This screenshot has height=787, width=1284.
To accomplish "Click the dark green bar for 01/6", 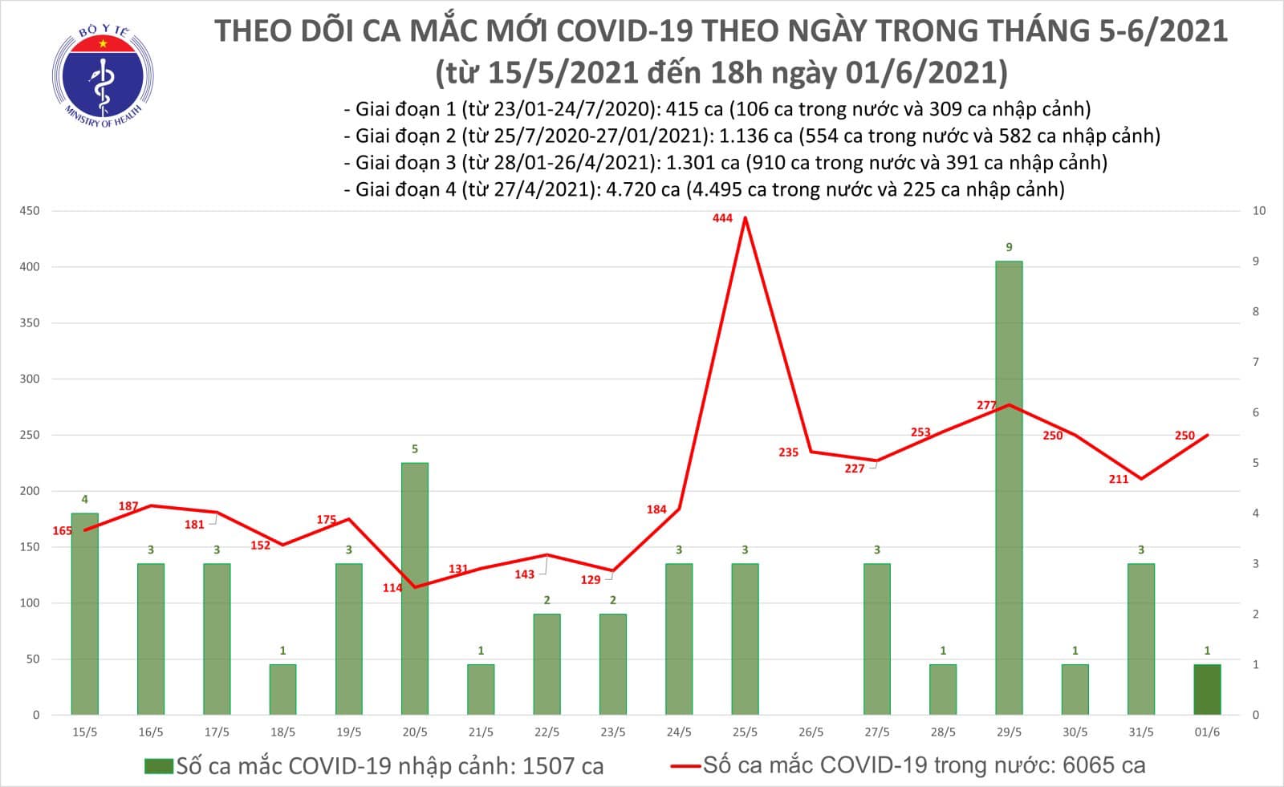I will coord(1207,689).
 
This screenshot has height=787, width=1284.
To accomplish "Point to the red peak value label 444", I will coord(722,217).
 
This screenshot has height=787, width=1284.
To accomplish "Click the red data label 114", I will coord(392,588).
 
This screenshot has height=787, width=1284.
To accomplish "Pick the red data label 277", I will coord(986,405).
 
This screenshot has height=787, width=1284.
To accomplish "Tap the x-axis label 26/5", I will coord(811,732).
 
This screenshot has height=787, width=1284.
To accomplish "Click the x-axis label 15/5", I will coord(84,732).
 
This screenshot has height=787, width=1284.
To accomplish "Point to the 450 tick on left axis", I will coord(30,211).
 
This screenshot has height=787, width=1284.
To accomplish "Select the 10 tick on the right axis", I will coord(1259,211).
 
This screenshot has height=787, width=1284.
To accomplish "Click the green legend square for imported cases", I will coord(158,766).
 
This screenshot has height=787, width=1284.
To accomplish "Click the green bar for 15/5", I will coord(84,614).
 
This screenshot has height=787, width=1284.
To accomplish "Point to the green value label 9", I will coord(1010,247).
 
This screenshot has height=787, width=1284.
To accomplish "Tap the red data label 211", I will coord(1118,479).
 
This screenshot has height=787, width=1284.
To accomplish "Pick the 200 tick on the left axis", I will coord(30,491).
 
